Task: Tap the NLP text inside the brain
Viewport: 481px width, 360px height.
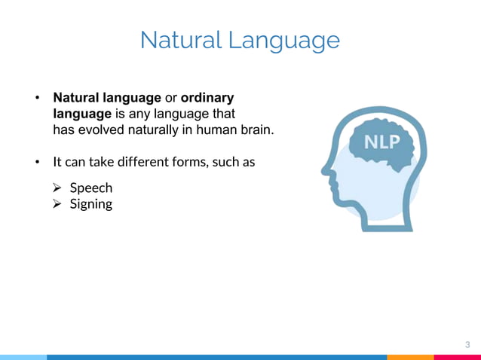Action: pyautogui.click(x=382, y=142)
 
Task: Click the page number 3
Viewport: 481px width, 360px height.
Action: pyautogui.click(x=467, y=344)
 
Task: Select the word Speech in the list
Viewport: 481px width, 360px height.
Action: pyautogui.click(x=91, y=188)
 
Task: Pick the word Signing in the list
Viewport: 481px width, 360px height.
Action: pyautogui.click(x=91, y=204)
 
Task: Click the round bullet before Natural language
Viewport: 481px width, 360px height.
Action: pyautogui.click(x=35, y=99)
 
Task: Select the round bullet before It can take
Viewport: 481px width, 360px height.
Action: pyautogui.click(x=35, y=162)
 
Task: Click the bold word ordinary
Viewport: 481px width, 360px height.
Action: pyautogui.click(x=208, y=98)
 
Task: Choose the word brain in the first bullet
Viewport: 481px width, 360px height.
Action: pyautogui.click(x=255, y=130)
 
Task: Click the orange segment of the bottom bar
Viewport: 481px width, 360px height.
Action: pyautogui.click(x=410, y=357)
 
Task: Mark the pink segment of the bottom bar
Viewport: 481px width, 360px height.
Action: pyautogui.click(x=457, y=357)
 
